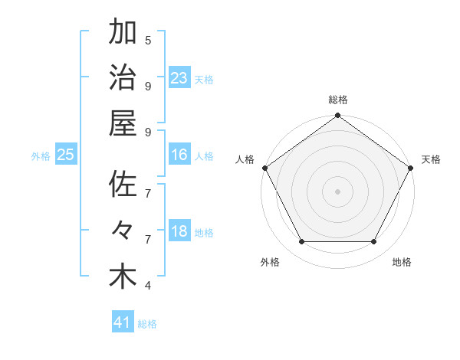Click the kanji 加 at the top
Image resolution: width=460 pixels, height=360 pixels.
(123, 33)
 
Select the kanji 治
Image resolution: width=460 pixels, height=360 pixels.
(123, 79)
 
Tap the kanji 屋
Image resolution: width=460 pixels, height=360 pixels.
(123, 124)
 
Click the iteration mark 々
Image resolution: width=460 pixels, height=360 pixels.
(123, 231)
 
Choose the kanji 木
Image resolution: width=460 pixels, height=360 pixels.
(123, 277)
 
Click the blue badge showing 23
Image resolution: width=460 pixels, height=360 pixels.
(179, 78)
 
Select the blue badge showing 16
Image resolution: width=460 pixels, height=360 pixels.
(179, 155)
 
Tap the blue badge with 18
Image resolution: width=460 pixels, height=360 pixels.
(179, 231)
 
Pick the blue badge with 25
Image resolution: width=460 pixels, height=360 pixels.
(65, 155)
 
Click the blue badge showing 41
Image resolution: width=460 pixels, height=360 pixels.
(123, 322)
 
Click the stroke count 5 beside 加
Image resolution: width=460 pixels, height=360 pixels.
(148, 40)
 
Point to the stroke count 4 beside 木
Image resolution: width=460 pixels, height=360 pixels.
(148, 286)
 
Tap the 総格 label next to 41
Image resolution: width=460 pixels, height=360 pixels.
(147, 324)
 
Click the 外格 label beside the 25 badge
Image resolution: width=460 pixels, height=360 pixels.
(41, 155)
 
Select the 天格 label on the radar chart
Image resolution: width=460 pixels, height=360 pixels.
(431, 159)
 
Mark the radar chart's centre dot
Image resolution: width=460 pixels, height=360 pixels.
(337, 191)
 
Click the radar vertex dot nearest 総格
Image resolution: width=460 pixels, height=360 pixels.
(337, 116)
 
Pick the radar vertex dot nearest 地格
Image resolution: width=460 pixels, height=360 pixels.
(374, 242)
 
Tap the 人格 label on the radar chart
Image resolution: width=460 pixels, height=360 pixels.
(245, 159)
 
